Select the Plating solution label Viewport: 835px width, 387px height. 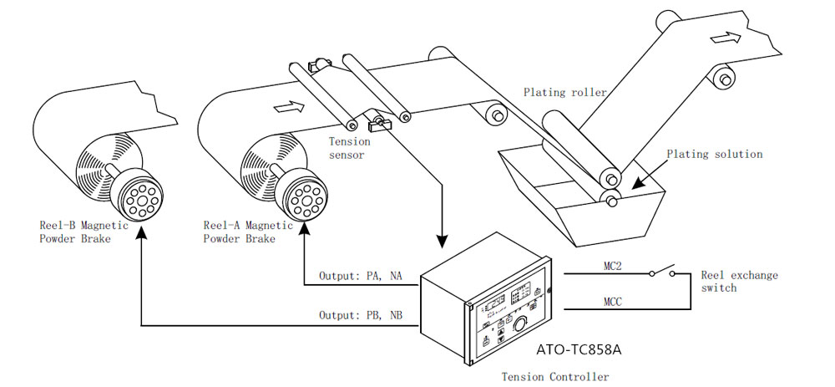click(715, 154)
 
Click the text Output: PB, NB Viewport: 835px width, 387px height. click(360, 315)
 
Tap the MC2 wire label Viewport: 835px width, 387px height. click(611, 264)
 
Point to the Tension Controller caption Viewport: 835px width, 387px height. click(554, 377)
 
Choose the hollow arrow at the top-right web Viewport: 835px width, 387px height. click(726, 37)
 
